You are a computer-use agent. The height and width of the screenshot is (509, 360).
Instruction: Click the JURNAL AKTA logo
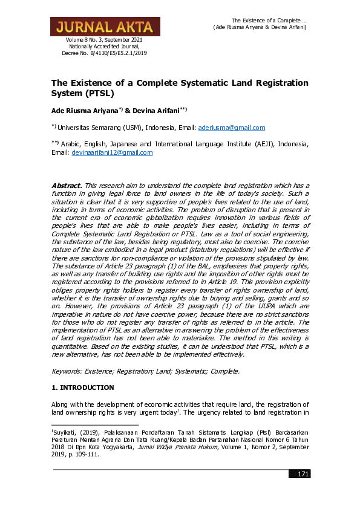click(105, 27)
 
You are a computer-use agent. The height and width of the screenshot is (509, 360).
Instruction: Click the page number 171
click(303, 473)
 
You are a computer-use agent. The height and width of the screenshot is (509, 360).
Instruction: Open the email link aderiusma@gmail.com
click(232, 128)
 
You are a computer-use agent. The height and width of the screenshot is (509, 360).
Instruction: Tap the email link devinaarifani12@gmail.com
click(112, 153)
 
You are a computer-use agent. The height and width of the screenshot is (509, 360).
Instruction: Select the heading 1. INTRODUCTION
click(82, 386)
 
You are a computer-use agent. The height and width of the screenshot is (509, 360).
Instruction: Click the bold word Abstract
click(67, 184)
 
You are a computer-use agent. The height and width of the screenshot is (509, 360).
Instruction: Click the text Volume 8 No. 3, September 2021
click(104, 40)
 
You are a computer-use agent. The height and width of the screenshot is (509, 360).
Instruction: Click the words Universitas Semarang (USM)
click(92, 128)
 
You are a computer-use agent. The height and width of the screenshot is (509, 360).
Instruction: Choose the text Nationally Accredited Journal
click(104, 47)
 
